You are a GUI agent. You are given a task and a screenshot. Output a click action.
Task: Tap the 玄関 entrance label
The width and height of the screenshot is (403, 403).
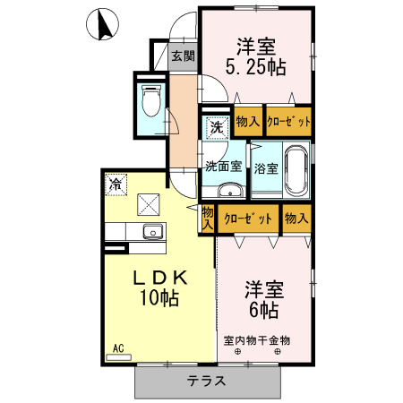pyautogui.click(x=182, y=56)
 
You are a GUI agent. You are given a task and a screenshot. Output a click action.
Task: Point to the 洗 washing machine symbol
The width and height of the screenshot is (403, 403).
pyautogui.click(x=216, y=128)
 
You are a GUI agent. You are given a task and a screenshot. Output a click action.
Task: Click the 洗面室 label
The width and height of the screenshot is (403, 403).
pyautogui.click(x=223, y=166)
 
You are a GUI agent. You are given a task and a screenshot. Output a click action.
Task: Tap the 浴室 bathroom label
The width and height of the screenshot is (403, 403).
pyautogui.click(x=266, y=167)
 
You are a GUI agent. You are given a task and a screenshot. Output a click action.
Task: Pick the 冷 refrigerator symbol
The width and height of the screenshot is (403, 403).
pyautogui.click(x=116, y=184)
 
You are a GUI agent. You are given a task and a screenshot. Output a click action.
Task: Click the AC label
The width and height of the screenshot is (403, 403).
pyautogui.click(x=118, y=347)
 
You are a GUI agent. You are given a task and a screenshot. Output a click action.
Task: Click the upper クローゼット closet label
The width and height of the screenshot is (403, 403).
pyautogui.click(x=288, y=122)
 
